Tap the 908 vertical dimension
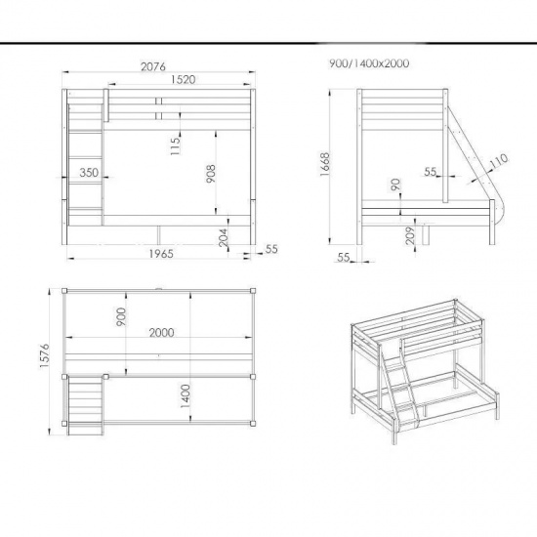coord(211,175)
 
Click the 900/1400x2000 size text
coord(370,63)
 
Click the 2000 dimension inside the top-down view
coord(161,333)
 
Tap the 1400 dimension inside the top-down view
coord(186,395)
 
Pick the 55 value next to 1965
coord(271,249)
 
